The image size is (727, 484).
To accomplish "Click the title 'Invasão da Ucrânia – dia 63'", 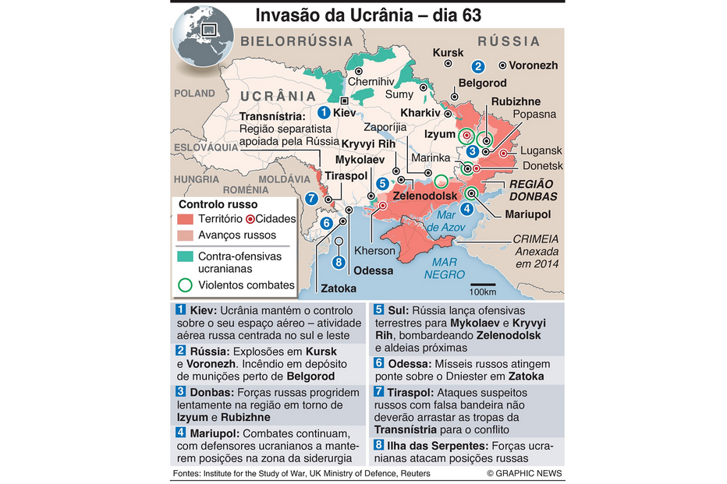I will click(374, 16).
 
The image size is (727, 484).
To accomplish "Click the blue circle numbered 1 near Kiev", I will click(324, 112).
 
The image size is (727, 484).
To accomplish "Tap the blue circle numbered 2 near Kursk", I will click(478, 66).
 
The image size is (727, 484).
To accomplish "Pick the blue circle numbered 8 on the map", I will click(339, 262).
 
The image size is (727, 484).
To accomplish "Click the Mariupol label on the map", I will click(527, 214).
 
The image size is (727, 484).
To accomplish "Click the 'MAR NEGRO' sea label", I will click(445, 268).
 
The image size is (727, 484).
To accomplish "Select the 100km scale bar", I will click(482, 285).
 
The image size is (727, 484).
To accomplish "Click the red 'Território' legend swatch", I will click(185, 219).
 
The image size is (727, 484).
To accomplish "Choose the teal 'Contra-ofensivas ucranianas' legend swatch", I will click(185, 256).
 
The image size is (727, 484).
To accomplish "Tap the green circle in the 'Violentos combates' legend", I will click(185, 284).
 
